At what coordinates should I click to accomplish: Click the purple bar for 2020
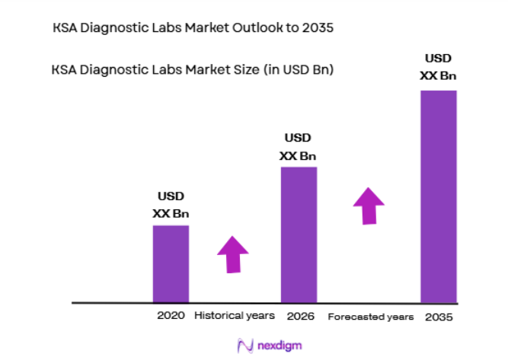171,263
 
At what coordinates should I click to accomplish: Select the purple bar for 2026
299,234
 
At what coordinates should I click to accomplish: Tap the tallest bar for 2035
438,196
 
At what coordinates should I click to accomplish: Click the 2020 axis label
171,315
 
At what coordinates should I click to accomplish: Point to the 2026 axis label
299,315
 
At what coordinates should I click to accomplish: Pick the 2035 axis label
438,316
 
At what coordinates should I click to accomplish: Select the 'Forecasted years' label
371,316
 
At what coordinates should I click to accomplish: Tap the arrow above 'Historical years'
233,254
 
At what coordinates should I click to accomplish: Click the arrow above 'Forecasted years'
369,205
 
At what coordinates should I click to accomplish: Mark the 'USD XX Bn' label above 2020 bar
170,205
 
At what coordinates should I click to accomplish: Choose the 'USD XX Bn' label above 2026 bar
298,147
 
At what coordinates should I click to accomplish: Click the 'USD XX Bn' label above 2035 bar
438,67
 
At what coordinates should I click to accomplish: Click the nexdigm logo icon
244,346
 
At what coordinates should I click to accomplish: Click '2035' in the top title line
318,28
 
